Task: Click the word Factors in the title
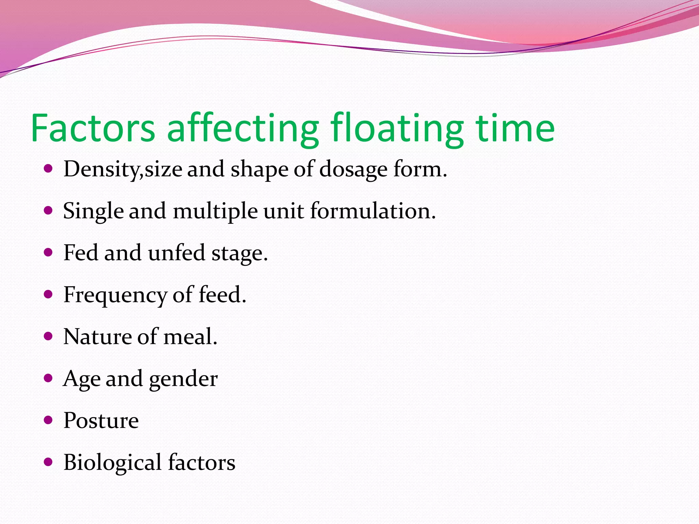click(x=93, y=128)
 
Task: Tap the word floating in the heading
click(x=397, y=128)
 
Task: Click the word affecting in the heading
click(x=243, y=128)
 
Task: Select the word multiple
click(x=215, y=211)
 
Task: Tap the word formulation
click(x=373, y=211)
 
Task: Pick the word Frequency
click(x=115, y=295)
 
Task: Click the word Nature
click(x=98, y=337)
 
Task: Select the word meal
click(x=190, y=337)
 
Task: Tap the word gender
click(x=183, y=379)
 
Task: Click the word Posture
click(x=101, y=421)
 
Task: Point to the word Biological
click(x=113, y=463)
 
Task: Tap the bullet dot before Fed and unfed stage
click(x=48, y=252)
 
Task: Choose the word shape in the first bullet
click(x=259, y=169)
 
